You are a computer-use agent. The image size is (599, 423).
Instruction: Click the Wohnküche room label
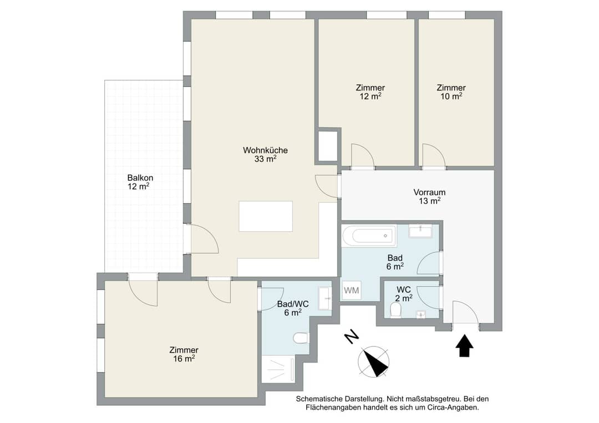tap(265, 155)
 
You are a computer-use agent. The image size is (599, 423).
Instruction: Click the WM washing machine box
tap(351, 290)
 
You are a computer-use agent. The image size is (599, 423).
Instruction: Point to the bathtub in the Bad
tap(369, 236)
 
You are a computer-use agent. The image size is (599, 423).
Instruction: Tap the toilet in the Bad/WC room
tap(301, 338)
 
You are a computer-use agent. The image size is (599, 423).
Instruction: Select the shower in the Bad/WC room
tap(278, 370)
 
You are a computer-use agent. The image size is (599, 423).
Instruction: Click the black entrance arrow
tap(465, 345)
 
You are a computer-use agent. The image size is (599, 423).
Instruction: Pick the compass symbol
tap(374, 362)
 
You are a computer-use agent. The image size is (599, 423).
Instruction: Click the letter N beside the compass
tap(351, 336)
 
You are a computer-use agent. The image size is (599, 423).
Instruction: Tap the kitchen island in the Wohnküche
tap(266, 216)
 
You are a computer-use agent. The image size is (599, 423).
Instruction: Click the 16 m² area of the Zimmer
tap(184, 359)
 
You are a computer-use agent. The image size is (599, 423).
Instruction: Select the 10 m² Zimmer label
tap(451, 92)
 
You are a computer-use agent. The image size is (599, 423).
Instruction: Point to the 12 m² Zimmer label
tap(370, 92)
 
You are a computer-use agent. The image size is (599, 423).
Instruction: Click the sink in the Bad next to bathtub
tap(420, 231)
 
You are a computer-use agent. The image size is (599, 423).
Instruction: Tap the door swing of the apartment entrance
tap(465, 312)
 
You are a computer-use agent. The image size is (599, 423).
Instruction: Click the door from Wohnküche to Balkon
tap(204, 238)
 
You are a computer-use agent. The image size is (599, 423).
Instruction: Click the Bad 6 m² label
tap(395, 262)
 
